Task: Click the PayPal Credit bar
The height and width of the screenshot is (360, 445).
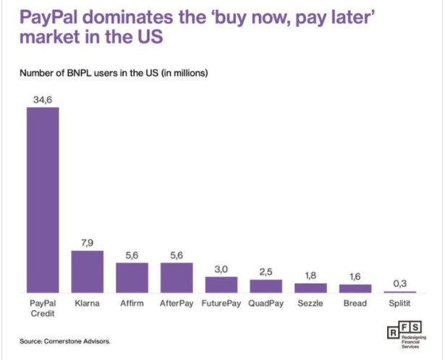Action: [43, 200]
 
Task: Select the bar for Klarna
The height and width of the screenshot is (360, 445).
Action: [88, 271]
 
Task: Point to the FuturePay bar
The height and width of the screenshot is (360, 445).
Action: [221, 284]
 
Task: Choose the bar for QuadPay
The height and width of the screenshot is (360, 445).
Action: [266, 286]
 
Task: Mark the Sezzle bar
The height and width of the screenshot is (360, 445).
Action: [310, 288]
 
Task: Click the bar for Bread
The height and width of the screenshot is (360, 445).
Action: [355, 288]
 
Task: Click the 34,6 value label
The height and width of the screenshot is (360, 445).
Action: [43, 99]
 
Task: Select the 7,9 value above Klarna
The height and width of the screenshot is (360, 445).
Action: [88, 243]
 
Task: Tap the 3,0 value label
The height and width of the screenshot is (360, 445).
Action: [221, 268]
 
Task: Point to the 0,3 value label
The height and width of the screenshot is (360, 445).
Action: [399, 283]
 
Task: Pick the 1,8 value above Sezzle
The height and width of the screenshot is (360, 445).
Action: [310, 275]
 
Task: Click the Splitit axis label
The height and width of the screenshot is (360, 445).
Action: [399, 304]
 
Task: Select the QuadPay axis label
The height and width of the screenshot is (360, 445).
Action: [266, 304]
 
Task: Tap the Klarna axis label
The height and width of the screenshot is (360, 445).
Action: [88, 304]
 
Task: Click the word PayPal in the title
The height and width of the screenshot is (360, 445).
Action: [43, 16]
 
